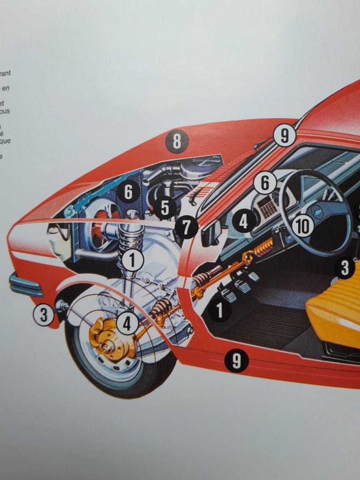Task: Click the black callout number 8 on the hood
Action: pyautogui.click(x=177, y=141)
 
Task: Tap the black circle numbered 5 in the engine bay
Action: pyautogui.click(x=165, y=207)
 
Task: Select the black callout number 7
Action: pyautogui.click(x=187, y=228)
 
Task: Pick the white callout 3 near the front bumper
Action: pyautogui.click(x=44, y=315)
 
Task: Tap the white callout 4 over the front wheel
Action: pyautogui.click(x=127, y=323)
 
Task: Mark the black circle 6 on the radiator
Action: pyautogui.click(x=128, y=192)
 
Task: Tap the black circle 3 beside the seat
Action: pyautogui.click(x=345, y=268)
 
